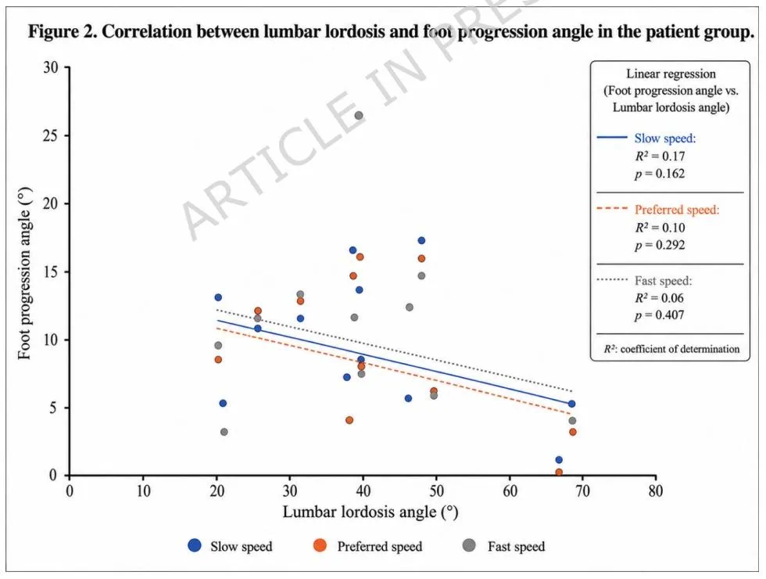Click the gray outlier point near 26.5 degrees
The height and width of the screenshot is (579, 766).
pyautogui.click(x=359, y=116)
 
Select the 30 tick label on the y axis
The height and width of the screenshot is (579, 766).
pyautogui.click(x=50, y=67)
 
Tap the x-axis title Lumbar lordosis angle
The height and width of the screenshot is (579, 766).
pyautogui.click(x=370, y=512)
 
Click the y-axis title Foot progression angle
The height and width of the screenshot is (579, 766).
pyautogui.click(x=24, y=273)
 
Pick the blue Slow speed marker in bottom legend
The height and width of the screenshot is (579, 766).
pyautogui.click(x=195, y=545)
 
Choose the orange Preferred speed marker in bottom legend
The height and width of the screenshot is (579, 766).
pyautogui.click(x=320, y=545)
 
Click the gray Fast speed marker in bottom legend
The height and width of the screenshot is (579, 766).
pyautogui.click(x=469, y=545)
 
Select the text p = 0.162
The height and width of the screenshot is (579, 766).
pyautogui.click(x=660, y=174)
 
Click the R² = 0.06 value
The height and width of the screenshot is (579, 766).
pyautogui.click(x=660, y=298)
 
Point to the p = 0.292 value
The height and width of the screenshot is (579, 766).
pyautogui.click(x=660, y=245)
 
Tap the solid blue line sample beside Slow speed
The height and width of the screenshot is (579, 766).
pyautogui.click(x=612, y=138)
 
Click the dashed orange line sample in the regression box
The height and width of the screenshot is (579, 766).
pyautogui.click(x=612, y=208)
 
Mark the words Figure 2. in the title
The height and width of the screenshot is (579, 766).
pyautogui.click(x=63, y=32)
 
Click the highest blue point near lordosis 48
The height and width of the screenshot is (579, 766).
pyautogui.click(x=421, y=241)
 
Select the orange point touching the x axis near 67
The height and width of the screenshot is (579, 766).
pyautogui.click(x=559, y=473)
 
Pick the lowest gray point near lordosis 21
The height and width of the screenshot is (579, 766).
pyautogui.click(x=224, y=432)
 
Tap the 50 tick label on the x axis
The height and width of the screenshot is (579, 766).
pyautogui.click(x=436, y=491)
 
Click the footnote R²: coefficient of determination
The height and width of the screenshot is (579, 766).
pyautogui.click(x=671, y=349)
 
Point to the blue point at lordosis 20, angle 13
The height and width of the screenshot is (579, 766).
pyautogui.click(x=218, y=297)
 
